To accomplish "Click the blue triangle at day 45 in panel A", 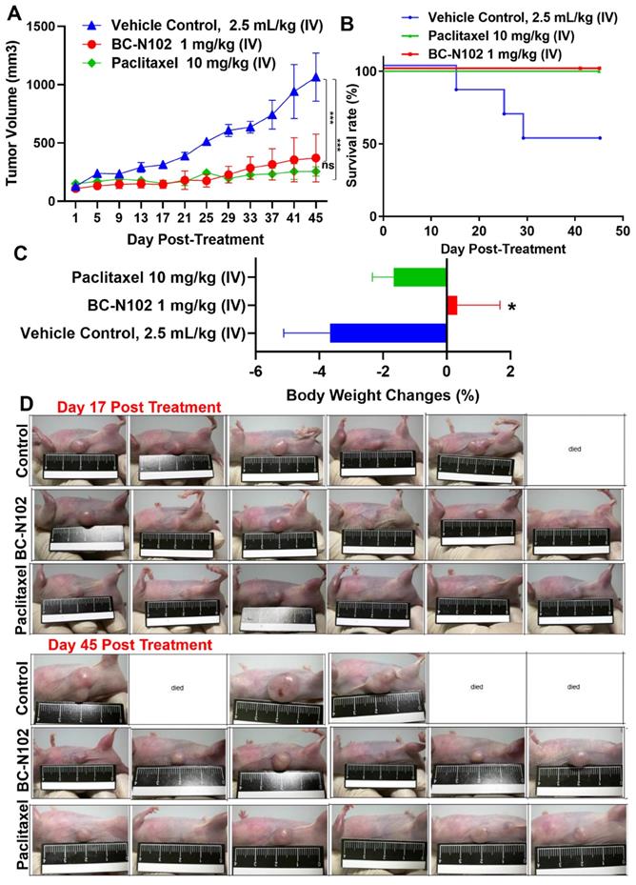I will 315,77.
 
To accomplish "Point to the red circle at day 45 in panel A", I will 315,158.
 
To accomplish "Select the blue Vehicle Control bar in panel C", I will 388,332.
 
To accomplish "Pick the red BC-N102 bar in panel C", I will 452,305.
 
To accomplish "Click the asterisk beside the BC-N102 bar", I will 512,307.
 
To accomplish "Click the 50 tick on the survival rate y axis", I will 366,144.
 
